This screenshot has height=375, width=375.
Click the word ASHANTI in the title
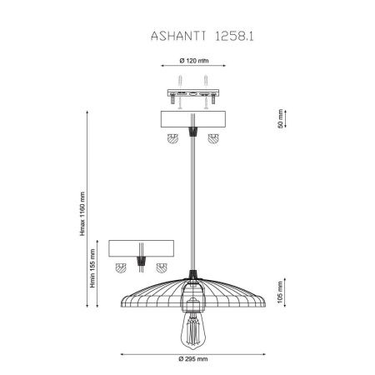point(178,36)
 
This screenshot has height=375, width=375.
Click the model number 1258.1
point(234,36)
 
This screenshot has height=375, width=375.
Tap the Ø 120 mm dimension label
point(194,61)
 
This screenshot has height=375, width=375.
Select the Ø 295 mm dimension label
point(193,359)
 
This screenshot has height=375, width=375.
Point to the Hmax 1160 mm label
point(82,214)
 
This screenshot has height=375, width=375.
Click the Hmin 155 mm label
point(92,268)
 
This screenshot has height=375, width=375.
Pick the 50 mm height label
point(280,118)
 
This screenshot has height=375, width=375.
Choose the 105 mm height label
point(280,292)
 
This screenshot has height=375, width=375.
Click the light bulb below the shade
point(193,331)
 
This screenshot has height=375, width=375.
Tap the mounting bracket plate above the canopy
point(193,92)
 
